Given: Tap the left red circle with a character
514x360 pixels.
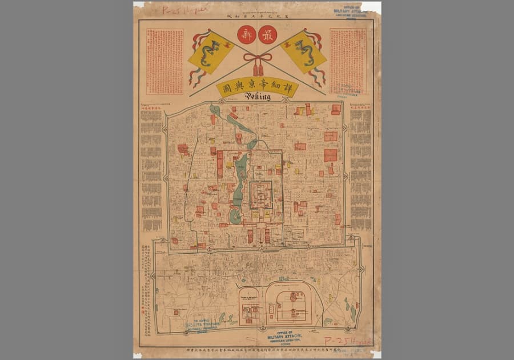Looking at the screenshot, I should pos(246,35).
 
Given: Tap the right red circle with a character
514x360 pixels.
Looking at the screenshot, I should pos(267,35).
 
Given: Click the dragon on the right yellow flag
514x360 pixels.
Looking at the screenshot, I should pos(304,52).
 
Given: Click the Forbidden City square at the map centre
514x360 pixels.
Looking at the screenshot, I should pos(260,195).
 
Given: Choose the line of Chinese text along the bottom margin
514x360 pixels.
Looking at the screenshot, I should pos(257,349).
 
